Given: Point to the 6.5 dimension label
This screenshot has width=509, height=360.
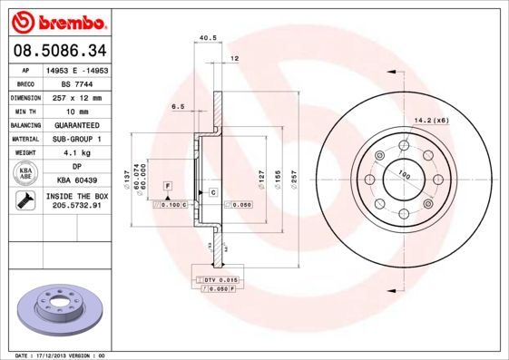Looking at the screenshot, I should pyautogui.click(x=178, y=106).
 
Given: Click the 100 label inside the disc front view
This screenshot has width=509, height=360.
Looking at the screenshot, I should pyautogui.click(x=405, y=174).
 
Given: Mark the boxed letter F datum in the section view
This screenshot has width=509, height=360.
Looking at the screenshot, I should pyautogui.click(x=167, y=185).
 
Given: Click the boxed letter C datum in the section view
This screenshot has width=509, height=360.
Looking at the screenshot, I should pyautogui.click(x=213, y=193).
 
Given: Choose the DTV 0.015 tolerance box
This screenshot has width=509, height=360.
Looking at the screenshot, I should pyautogui.click(x=218, y=281).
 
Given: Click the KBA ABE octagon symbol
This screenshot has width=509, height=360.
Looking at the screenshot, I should pyautogui.click(x=24, y=174).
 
